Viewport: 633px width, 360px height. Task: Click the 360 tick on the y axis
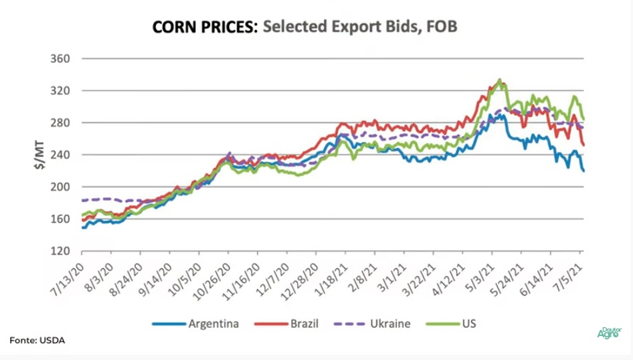(x=62, y=59)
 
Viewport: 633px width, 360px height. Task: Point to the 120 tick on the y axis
(x=62, y=252)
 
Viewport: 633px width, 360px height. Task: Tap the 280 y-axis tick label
(x=62, y=123)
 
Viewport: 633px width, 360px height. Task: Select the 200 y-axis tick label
(x=62, y=187)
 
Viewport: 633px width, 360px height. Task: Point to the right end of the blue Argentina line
(x=583, y=171)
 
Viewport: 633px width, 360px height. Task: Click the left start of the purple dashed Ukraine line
(x=82, y=200)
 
